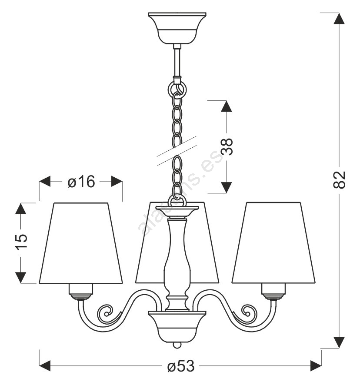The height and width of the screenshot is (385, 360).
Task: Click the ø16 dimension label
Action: (x=81, y=182)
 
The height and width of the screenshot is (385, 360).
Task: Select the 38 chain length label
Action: (x=226, y=147)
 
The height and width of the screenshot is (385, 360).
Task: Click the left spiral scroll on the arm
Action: (x=106, y=312)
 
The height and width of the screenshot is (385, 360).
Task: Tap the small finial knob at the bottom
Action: (x=177, y=345)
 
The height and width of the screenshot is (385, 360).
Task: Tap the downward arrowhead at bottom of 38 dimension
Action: (x=225, y=187)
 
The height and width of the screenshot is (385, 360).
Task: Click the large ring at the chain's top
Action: (x=177, y=90)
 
